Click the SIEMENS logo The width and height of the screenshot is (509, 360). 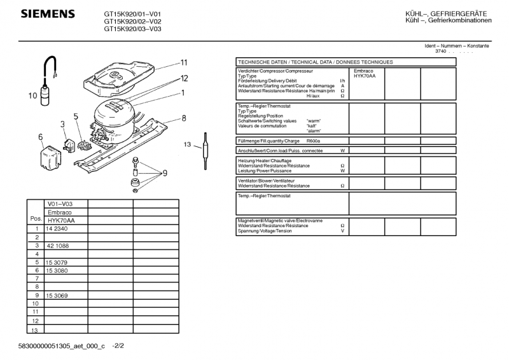[x=48, y=14]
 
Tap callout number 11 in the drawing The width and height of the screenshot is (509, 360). [x=183, y=62]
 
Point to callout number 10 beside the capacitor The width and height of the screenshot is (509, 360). [x=32, y=97]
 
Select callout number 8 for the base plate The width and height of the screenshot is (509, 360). [x=183, y=118]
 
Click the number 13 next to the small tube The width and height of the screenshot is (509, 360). [x=188, y=145]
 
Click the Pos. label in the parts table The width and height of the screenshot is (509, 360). [x=35, y=218]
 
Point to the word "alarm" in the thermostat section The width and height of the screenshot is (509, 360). [x=314, y=130]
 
